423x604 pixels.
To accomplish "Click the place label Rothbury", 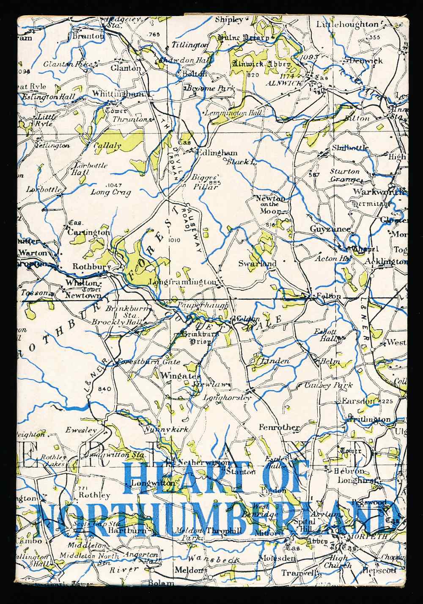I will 91,267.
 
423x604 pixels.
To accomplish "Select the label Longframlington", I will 182,282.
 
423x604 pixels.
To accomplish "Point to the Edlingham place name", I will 218,153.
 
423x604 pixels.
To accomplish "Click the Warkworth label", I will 378,192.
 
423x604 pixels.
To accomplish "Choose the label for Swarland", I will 257,263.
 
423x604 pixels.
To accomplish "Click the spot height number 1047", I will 114,185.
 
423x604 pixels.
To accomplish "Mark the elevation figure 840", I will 104,389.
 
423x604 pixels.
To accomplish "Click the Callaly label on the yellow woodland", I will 107,146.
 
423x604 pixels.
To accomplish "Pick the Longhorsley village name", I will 227,397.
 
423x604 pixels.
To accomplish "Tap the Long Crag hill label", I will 111,192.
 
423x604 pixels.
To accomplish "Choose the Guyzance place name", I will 330,229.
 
